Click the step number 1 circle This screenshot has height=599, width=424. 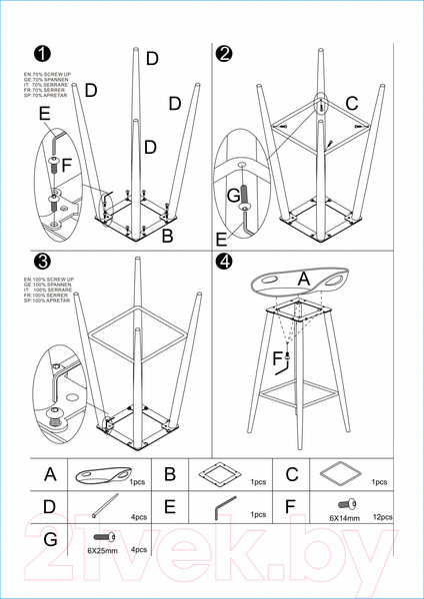coord(42,54)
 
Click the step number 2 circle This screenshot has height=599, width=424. coord(225,54)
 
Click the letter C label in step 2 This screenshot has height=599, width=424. coord(351,102)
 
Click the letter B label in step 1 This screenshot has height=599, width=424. coord(168,236)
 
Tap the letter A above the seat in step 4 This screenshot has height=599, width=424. coord(303,283)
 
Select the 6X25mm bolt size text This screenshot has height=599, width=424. coord(101,550)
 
